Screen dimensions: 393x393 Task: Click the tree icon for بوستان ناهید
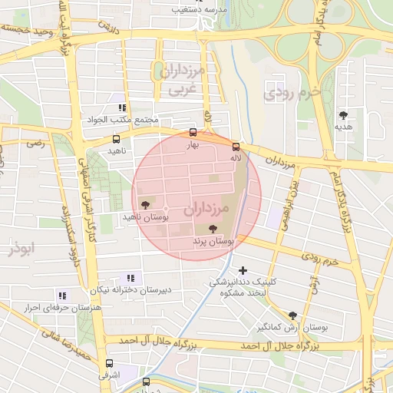[144, 204]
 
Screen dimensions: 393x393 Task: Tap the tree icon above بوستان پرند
[213, 229]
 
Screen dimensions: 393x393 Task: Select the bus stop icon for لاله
[236, 147]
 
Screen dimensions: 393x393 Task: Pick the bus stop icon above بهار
[193, 132]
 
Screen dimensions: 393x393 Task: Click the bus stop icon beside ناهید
[116, 140]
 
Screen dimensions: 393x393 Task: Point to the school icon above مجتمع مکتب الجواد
[123, 108]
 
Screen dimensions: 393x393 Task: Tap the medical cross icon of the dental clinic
[243, 270]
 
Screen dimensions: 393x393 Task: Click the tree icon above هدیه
[343, 115]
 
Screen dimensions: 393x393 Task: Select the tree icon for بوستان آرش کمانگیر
[292, 315]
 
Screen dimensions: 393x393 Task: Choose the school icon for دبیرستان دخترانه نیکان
[130, 277]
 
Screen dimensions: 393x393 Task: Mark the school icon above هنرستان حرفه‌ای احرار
[62, 295]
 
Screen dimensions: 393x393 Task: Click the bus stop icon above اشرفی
[109, 363]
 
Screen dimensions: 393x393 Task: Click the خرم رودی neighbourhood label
[290, 94]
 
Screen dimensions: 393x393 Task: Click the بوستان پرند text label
[213, 241]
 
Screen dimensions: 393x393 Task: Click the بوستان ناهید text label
[144, 217]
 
